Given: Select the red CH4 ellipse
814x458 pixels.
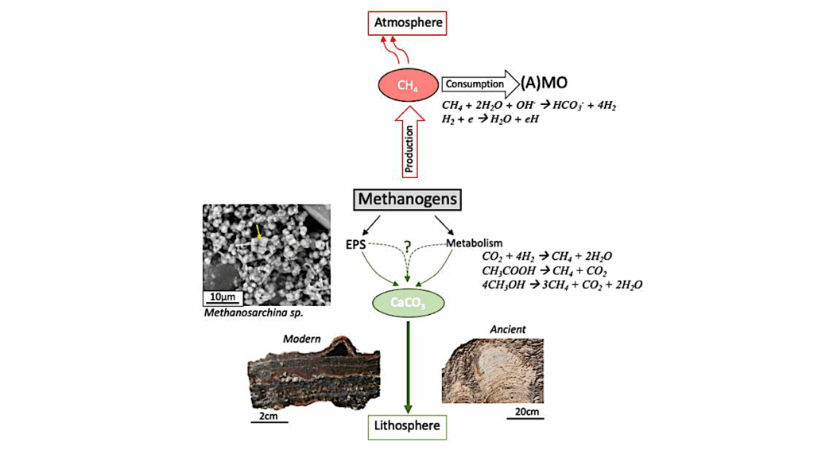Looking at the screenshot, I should coord(408,83).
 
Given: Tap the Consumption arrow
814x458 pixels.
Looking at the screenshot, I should coord(478,83).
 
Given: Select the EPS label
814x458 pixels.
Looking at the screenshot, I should coord(355,244).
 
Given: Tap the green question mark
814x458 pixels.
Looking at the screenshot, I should coord(408,247).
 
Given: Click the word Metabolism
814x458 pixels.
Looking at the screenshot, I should coord(474,243).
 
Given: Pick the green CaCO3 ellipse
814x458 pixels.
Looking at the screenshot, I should coord(408,302).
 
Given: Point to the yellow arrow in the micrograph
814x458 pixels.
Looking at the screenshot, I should coord(258,231).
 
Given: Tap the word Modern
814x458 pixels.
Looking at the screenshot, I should coord(301,340).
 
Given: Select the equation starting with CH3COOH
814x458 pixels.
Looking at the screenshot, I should coord(540,270).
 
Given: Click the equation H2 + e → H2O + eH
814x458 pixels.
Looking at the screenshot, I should coord(492,118).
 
